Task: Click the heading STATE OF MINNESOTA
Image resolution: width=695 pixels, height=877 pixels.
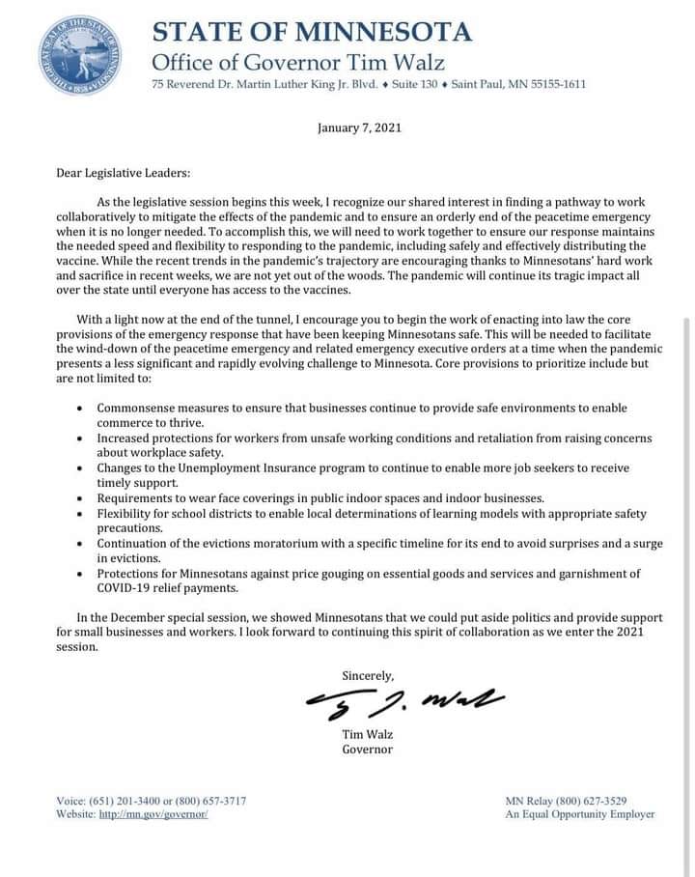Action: (x=312, y=31)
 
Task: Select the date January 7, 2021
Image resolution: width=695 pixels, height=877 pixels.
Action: (x=359, y=127)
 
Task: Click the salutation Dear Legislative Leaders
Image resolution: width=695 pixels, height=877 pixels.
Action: (x=123, y=174)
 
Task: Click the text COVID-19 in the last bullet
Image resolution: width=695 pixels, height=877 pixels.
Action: (x=127, y=588)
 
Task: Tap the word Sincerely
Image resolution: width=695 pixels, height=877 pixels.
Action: (x=368, y=675)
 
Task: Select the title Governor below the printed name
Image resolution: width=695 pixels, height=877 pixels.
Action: (x=367, y=749)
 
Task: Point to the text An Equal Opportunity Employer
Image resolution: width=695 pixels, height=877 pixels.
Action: (x=580, y=814)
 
